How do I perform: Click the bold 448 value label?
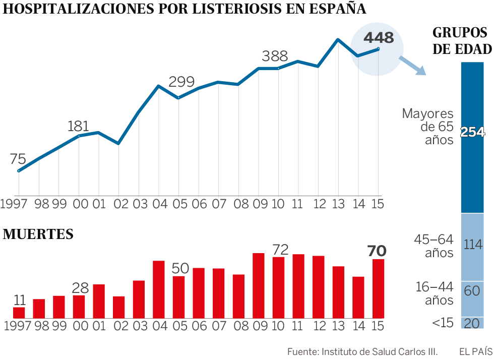pos(378,38)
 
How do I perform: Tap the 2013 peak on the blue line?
pos(338,39)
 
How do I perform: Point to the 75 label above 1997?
pos(18,159)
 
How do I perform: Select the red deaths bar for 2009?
pos(258,285)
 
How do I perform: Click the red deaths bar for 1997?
pos(19,313)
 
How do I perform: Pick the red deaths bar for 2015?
pos(378,288)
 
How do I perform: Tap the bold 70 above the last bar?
pos(377,251)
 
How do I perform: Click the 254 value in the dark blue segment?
pos(472,132)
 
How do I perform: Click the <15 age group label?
pos(444,323)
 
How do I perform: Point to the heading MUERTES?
pos(38,234)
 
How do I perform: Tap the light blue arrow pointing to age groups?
pos(412,66)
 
